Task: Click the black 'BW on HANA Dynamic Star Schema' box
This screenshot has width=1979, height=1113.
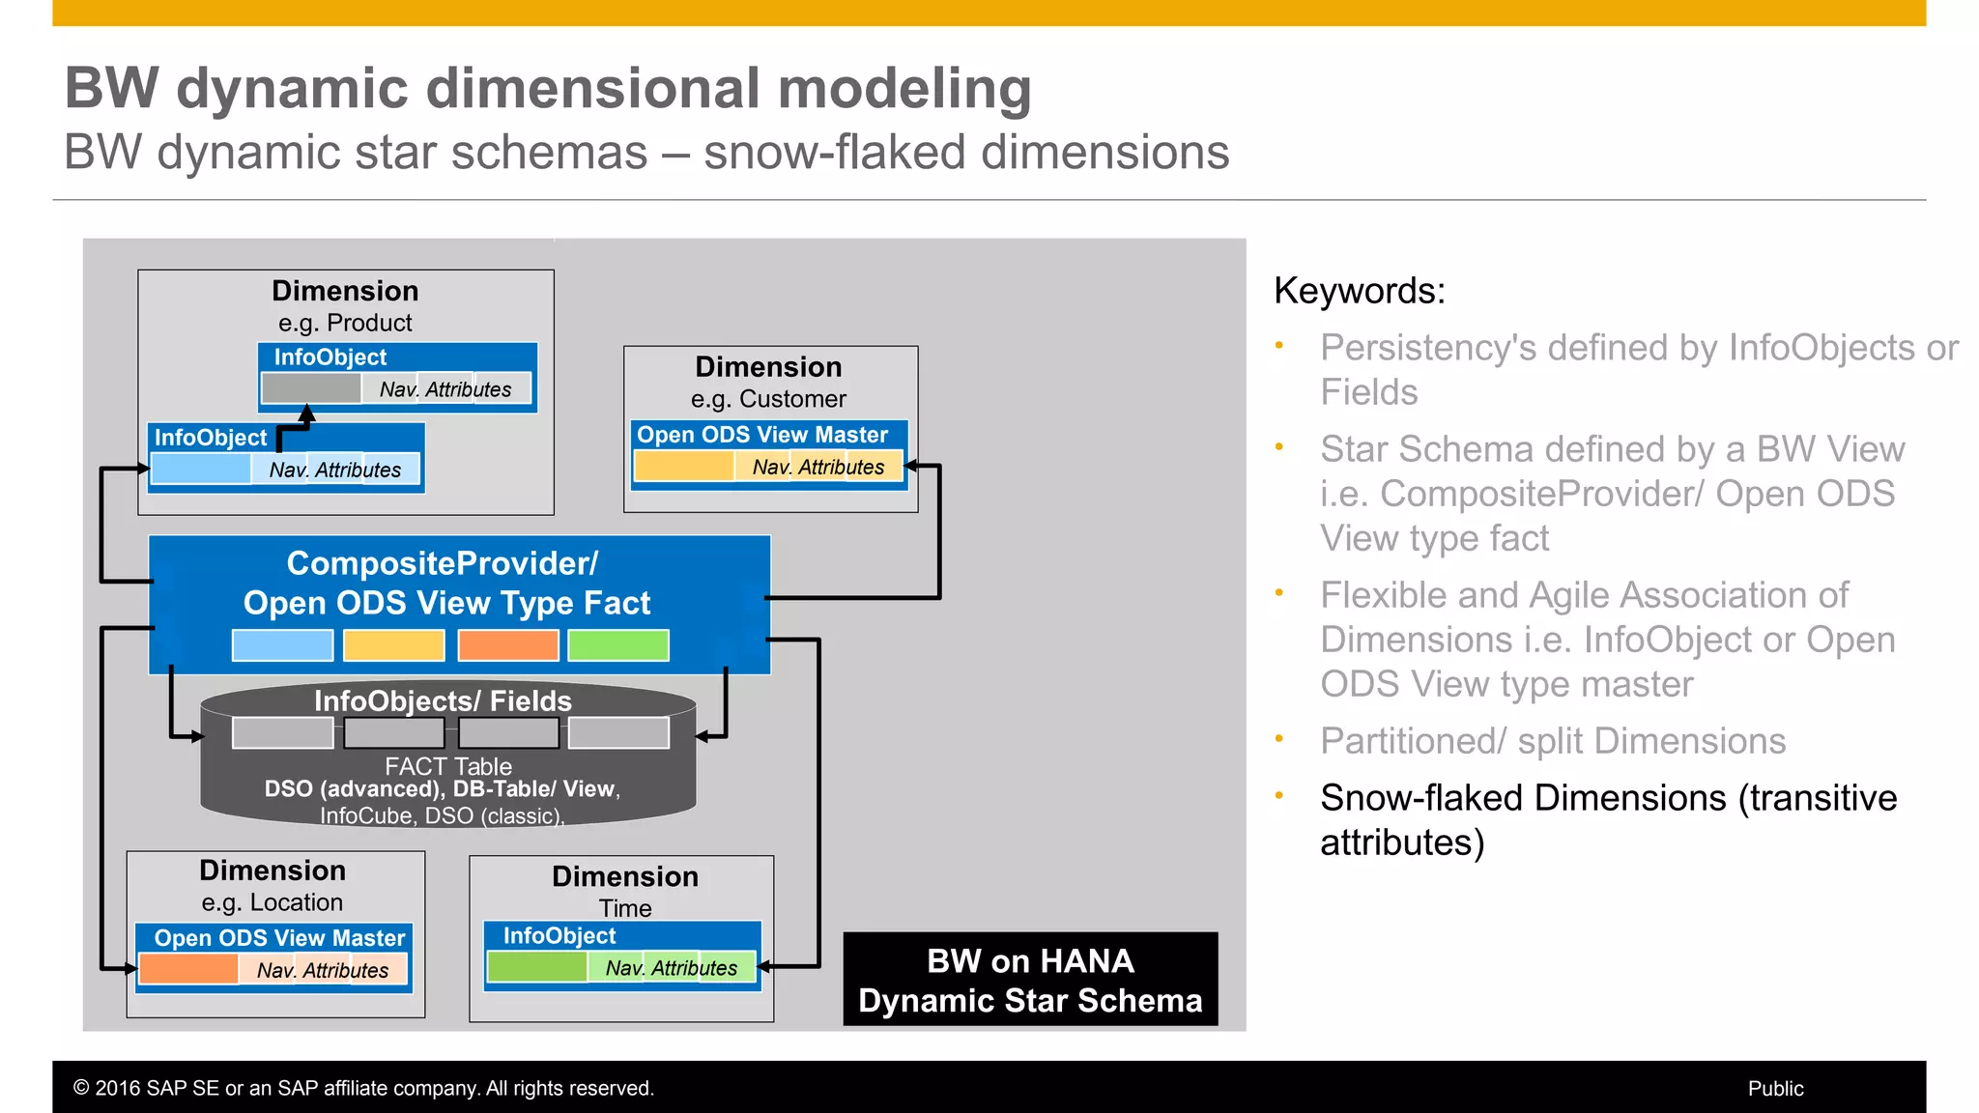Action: pyautogui.click(x=1030, y=980)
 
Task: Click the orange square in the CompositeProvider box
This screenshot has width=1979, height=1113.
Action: pyautogui.click(x=508, y=645)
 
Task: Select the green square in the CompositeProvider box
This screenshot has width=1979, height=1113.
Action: pyautogui.click(x=618, y=645)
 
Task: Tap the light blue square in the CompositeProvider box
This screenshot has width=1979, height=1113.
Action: pyautogui.click(x=282, y=645)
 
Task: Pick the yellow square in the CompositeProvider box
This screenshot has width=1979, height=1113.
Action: pyautogui.click(x=394, y=645)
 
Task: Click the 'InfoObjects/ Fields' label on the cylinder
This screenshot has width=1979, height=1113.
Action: pyautogui.click(x=443, y=700)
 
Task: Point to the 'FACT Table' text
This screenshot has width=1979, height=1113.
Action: pyautogui.click(x=448, y=766)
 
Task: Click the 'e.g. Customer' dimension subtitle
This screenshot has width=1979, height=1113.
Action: pyautogui.click(x=768, y=399)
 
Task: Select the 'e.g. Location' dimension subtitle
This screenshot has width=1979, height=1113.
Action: pyautogui.click(x=272, y=902)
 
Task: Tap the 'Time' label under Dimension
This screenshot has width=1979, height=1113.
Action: pyautogui.click(x=625, y=908)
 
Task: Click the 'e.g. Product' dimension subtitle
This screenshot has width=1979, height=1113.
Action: pyautogui.click(x=345, y=323)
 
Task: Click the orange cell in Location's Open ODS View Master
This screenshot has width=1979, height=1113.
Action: pyautogui.click(x=189, y=968)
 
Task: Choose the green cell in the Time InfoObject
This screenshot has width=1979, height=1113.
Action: pyautogui.click(x=538, y=967)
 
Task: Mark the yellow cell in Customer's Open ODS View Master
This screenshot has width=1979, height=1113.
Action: pyautogui.click(x=684, y=467)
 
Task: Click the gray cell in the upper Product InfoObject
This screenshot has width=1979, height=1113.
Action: pyautogui.click(x=311, y=388)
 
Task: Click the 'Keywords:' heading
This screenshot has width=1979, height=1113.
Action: pyautogui.click(x=1359, y=291)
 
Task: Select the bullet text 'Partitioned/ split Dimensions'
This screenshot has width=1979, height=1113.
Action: pyautogui.click(x=1552, y=741)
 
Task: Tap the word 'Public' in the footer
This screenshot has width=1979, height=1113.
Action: pyautogui.click(x=1775, y=1089)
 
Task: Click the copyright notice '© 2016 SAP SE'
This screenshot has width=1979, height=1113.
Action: pyautogui.click(x=363, y=1089)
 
